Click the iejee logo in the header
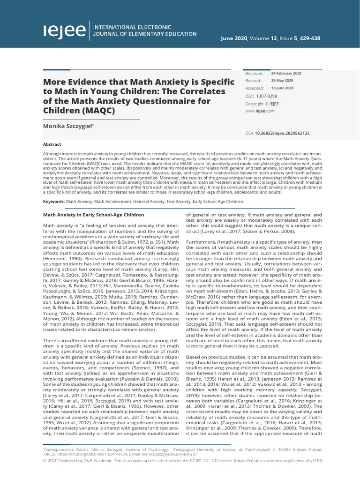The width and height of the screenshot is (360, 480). (x=65, y=30)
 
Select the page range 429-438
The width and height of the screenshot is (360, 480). (x=310, y=38)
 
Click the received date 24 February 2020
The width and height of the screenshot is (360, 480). (x=286, y=74)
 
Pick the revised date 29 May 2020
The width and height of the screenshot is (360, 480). (x=283, y=81)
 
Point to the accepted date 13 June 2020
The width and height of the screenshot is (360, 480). (x=283, y=88)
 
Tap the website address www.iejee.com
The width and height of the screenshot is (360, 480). (x=260, y=111)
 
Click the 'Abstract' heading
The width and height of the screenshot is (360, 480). (x=52, y=145)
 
